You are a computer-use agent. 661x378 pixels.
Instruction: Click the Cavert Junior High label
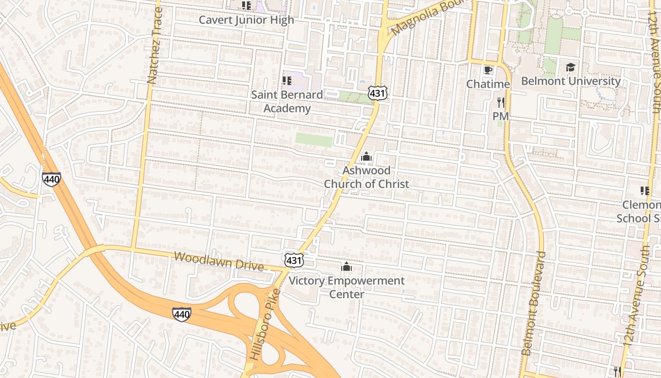click(x=246, y=20)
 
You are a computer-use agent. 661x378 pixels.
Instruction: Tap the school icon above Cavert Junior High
click(x=246, y=6)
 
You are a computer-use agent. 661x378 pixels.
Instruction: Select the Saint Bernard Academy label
click(x=287, y=101)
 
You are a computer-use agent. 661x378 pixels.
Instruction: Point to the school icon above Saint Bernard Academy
click(x=287, y=81)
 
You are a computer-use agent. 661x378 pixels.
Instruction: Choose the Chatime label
click(x=488, y=84)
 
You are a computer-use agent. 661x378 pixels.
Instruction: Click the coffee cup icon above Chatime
click(x=488, y=70)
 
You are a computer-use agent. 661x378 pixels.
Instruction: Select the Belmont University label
click(x=570, y=81)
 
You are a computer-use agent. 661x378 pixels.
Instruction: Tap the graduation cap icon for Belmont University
click(x=570, y=67)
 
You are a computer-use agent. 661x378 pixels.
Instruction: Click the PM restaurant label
click(x=500, y=116)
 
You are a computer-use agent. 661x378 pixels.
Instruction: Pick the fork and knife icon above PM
click(x=500, y=102)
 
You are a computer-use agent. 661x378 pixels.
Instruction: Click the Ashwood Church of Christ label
click(x=366, y=177)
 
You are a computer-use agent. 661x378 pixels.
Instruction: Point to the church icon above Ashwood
click(x=366, y=156)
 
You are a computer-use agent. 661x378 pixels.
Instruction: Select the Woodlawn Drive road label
click(x=219, y=261)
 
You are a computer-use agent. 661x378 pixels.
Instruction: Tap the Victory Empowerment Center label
click(x=347, y=287)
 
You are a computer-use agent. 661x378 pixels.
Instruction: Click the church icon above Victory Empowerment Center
click(x=347, y=267)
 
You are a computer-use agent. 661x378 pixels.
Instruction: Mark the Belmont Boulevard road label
click(x=534, y=303)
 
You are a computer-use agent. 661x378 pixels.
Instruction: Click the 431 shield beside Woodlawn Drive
click(x=294, y=259)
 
